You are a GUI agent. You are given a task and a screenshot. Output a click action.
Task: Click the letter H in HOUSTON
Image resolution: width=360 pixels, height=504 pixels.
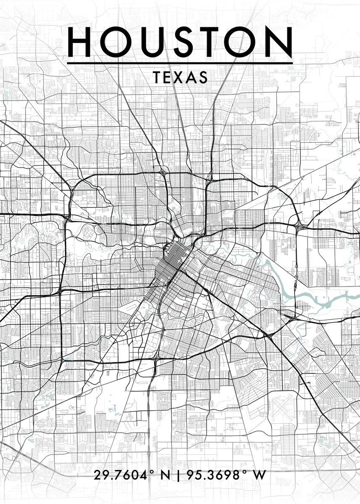(81, 42)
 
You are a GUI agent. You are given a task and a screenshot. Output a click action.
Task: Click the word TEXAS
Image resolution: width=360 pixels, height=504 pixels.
(180, 77)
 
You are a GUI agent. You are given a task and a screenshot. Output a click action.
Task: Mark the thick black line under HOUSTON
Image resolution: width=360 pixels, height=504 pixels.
(180, 63)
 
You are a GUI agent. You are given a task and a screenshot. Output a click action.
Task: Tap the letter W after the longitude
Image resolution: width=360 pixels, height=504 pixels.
(260, 475)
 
